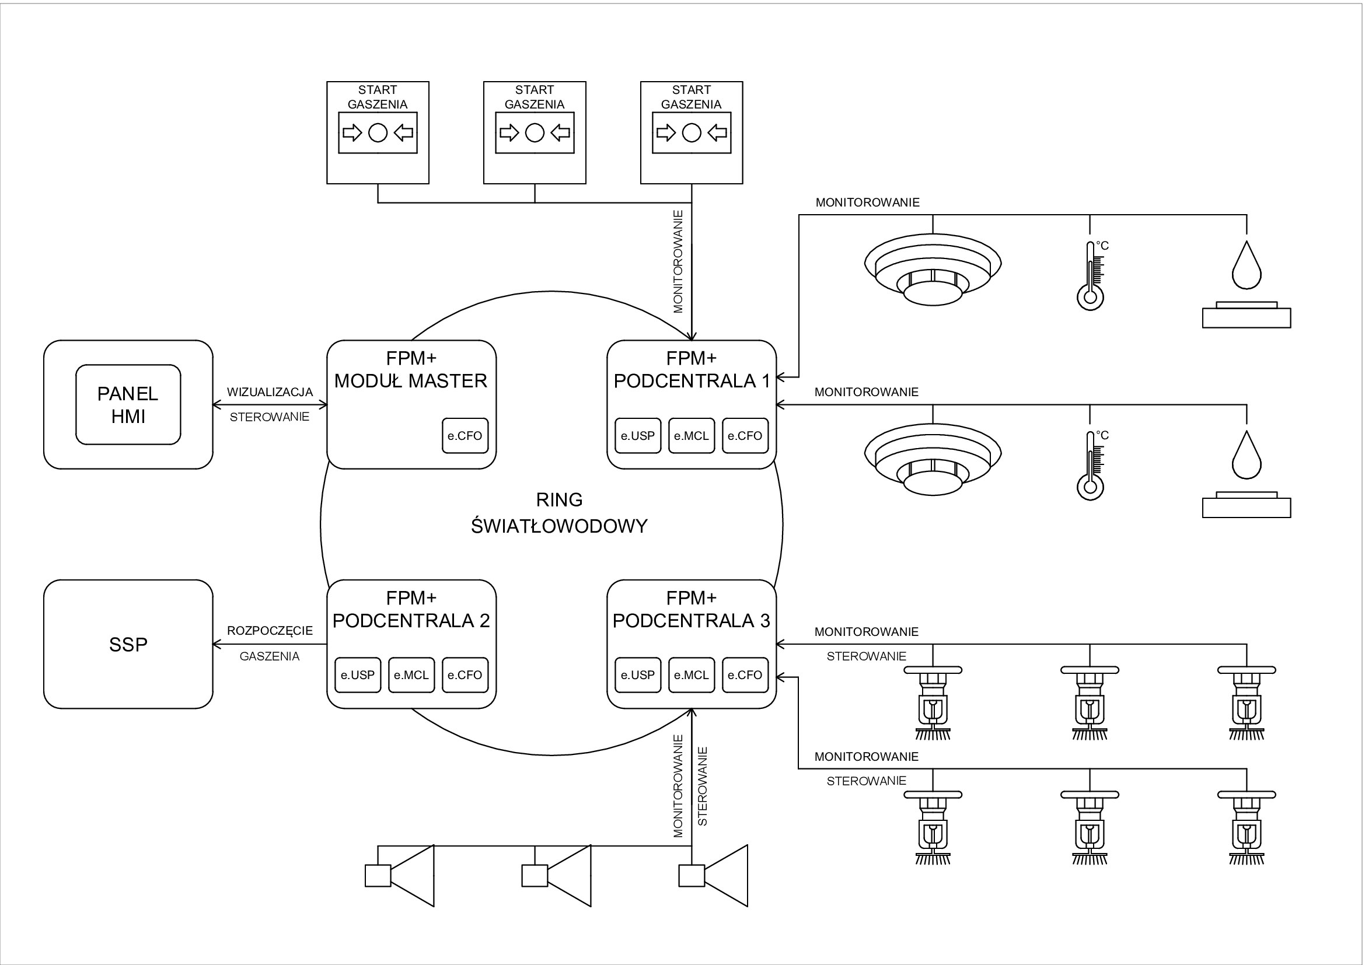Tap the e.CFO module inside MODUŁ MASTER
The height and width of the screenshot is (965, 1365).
(x=465, y=436)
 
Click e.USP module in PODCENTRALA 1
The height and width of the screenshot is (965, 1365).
(x=638, y=436)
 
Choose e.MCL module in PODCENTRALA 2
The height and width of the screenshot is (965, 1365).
(x=411, y=675)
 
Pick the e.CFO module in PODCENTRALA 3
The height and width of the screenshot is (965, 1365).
(x=745, y=675)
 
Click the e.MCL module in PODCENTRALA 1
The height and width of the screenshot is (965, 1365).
(x=692, y=436)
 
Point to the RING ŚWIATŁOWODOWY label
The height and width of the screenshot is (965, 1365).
(x=560, y=513)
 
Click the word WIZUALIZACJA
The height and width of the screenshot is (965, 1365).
(x=270, y=392)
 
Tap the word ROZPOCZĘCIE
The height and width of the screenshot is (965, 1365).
(x=270, y=631)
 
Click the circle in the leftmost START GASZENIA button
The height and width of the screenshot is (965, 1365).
(x=378, y=132)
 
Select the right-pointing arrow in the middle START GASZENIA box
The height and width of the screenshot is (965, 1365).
(x=508, y=132)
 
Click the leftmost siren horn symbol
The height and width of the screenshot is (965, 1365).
(x=400, y=875)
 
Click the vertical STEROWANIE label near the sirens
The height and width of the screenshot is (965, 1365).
(x=703, y=786)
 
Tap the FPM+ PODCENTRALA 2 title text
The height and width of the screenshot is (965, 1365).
(x=411, y=609)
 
